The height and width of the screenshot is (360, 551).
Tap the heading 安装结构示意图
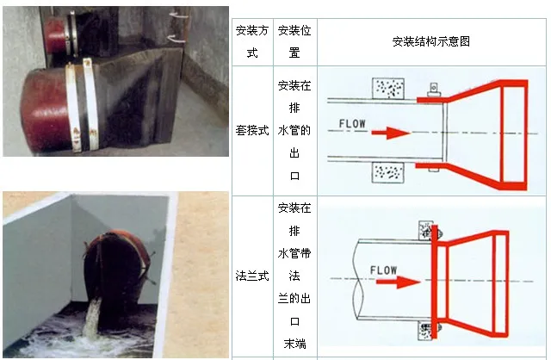pyautogui.click(x=430, y=41)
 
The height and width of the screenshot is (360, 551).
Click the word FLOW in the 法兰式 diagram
pyautogui.click(x=383, y=270)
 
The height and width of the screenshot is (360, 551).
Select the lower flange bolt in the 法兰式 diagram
pyautogui.click(x=427, y=329)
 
